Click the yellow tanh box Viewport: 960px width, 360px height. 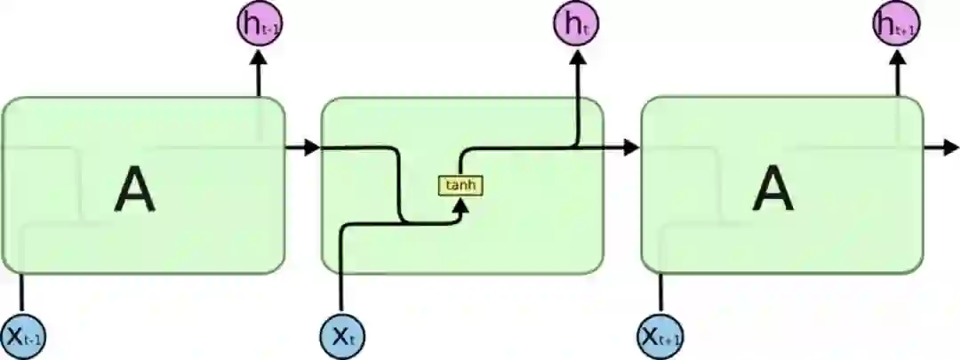[x=460, y=186]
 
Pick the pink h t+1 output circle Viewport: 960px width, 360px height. [x=895, y=24]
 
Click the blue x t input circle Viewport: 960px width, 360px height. [x=342, y=337]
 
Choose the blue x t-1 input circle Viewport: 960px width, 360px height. [x=23, y=337]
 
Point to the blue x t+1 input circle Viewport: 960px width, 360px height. [x=661, y=337]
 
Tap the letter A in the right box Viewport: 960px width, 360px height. [x=772, y=190]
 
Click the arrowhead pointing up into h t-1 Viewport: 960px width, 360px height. [x=260, y=57]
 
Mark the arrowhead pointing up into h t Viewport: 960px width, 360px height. [x=576, y=57]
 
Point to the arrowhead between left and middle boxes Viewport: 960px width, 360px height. [x=310, y=148]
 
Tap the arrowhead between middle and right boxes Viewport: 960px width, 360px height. [x=630, y=148]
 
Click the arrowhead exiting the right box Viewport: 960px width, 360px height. [x=950, y=148]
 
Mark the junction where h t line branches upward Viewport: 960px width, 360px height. [x=576, y=148]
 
